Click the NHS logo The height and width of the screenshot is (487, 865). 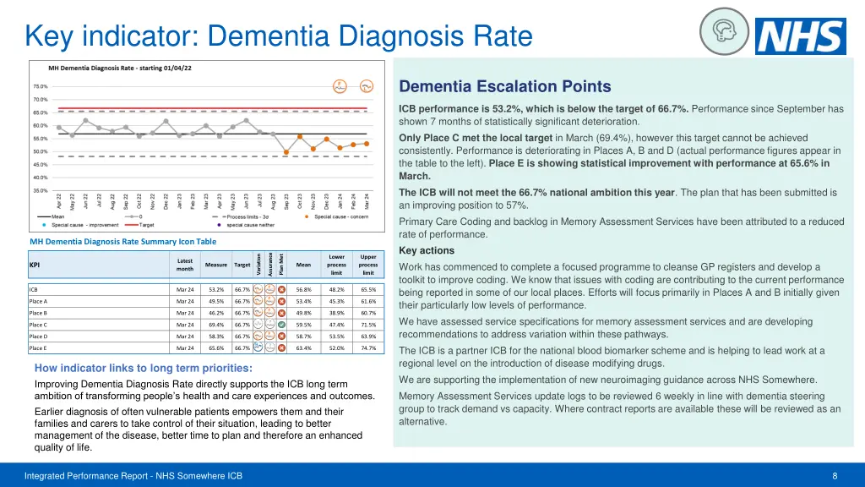[x=800, y=36]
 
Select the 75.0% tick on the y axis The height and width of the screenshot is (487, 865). [x=41, y=86]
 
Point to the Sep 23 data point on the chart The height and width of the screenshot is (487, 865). [x=286, y=152]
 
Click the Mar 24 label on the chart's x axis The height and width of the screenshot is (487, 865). [x=367, y=201]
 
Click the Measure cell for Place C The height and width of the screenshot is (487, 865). [x=216, y=324]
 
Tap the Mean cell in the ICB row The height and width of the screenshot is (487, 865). [x=304, y=289]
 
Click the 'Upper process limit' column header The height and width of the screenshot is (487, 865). [x=368, y=264]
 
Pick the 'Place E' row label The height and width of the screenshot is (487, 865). [x=39, y=347]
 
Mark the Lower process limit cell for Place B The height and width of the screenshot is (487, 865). [x=336, y=312]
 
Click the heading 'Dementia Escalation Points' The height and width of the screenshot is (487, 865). [x=504, y=86]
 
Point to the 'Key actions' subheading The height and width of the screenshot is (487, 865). [x=427, y=250]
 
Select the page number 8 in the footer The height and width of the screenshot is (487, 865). [x=835, y=476]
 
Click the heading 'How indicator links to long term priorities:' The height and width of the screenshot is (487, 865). [x=144, y=369]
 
